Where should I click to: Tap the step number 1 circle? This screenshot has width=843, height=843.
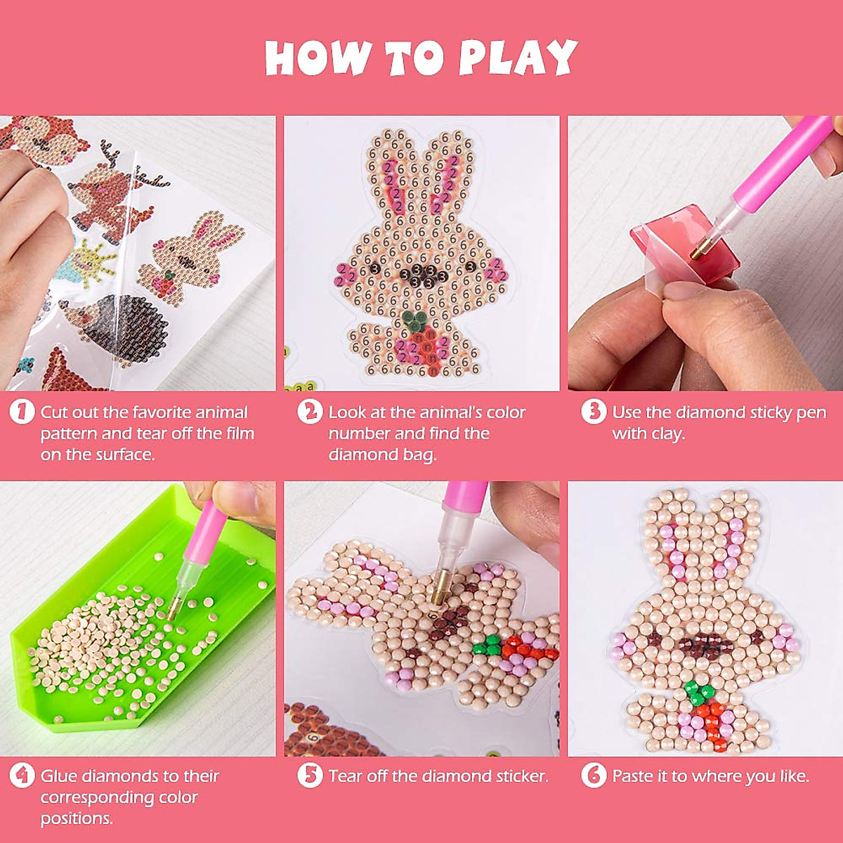click(22, 412)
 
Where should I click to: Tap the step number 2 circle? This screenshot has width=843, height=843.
click(310, 412)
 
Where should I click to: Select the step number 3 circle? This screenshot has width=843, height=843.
click(594, 412)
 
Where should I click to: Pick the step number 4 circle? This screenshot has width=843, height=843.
click(22, 776)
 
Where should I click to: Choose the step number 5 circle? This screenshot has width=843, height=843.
click(310, 776)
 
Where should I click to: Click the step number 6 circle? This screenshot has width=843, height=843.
click(594, 776)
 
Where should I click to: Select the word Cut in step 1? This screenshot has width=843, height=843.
click(55, 412)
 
